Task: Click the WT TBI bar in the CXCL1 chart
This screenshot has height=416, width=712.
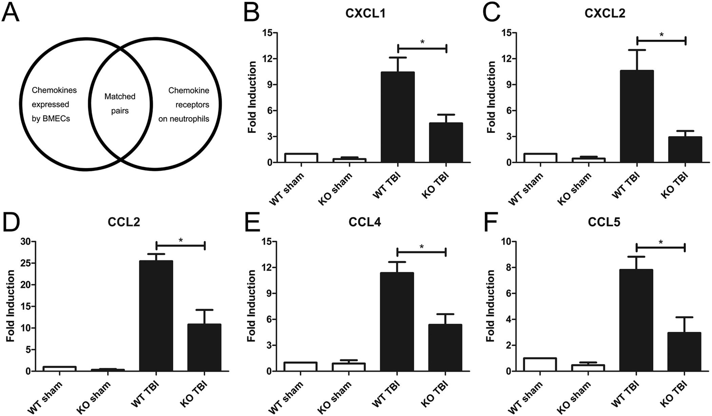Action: (x=397, y=117)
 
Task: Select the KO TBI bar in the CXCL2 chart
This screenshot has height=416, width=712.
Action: (x=685, y=149)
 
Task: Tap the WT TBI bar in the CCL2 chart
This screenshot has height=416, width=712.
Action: (x=156, y=316)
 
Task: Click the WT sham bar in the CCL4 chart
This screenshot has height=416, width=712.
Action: (x=300, y=367)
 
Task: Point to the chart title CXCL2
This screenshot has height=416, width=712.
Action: (x=605, y=14)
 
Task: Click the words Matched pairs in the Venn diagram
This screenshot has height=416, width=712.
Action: (x=120, y=103)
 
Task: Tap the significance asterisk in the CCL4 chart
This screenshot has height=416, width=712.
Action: (x=421, y=247)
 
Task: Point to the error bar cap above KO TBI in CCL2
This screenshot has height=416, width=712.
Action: (x=204, y=310)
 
